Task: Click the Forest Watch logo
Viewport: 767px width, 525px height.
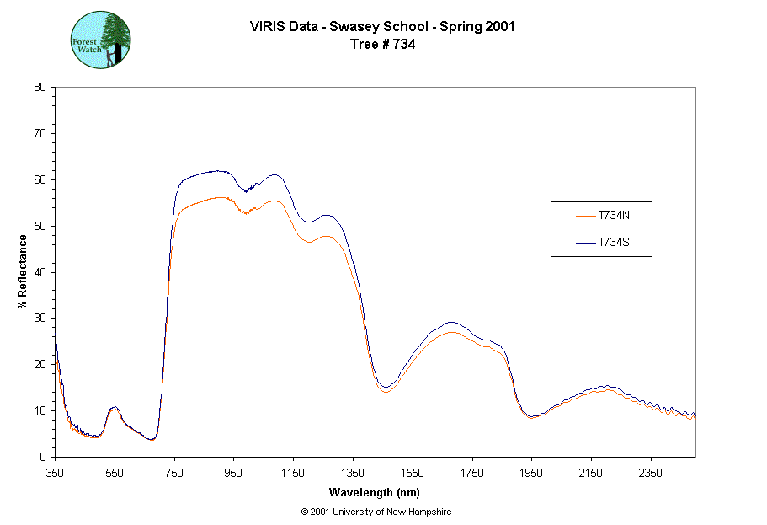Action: (101, 40)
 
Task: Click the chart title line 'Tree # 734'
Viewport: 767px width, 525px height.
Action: (382, 45)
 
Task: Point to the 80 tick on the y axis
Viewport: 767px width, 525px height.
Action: (40, 87)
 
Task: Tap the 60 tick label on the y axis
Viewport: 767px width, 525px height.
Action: (40, 179)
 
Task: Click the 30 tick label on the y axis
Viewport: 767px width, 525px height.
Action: (40, 319)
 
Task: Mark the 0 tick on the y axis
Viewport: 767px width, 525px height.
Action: (43, 457)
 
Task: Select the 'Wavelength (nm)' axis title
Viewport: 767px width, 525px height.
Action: (375, 492)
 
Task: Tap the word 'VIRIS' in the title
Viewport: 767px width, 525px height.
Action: (268, 26)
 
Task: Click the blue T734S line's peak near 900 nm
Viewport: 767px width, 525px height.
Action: (217, 171)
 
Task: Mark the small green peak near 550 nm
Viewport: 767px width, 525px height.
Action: (115, 408)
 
